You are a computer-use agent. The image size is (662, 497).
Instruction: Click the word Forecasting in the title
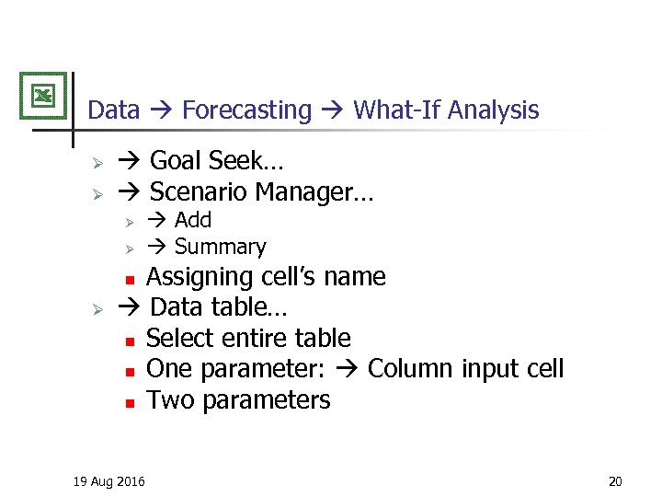pos(246,110)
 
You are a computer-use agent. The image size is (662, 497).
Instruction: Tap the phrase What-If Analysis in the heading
pos(446,110)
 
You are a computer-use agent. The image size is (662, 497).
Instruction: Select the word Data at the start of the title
pos(113,110)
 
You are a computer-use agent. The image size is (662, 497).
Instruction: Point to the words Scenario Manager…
pos(261,192)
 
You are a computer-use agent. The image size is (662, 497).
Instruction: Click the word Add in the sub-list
pos(193,220)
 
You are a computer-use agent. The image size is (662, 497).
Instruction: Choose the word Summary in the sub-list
pos(220,247)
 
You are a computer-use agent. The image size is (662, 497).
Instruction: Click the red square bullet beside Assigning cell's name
pos(131,279)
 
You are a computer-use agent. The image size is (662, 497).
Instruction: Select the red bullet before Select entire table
pos(131,341)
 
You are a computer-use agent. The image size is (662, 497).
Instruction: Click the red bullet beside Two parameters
pos(131,402)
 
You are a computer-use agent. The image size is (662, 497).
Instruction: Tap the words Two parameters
pos(238,400)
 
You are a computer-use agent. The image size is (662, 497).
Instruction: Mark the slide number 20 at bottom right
pos(615,480)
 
